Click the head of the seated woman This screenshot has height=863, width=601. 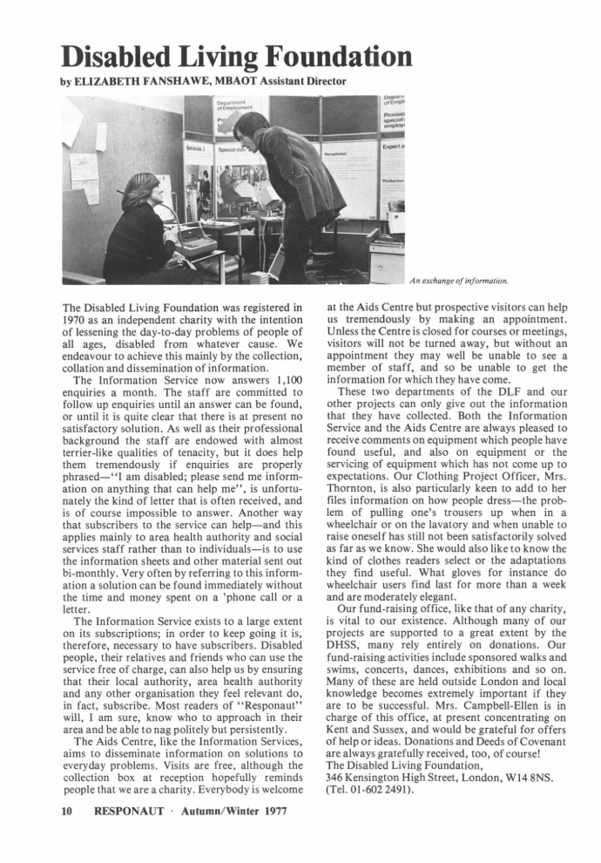point(140,190)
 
